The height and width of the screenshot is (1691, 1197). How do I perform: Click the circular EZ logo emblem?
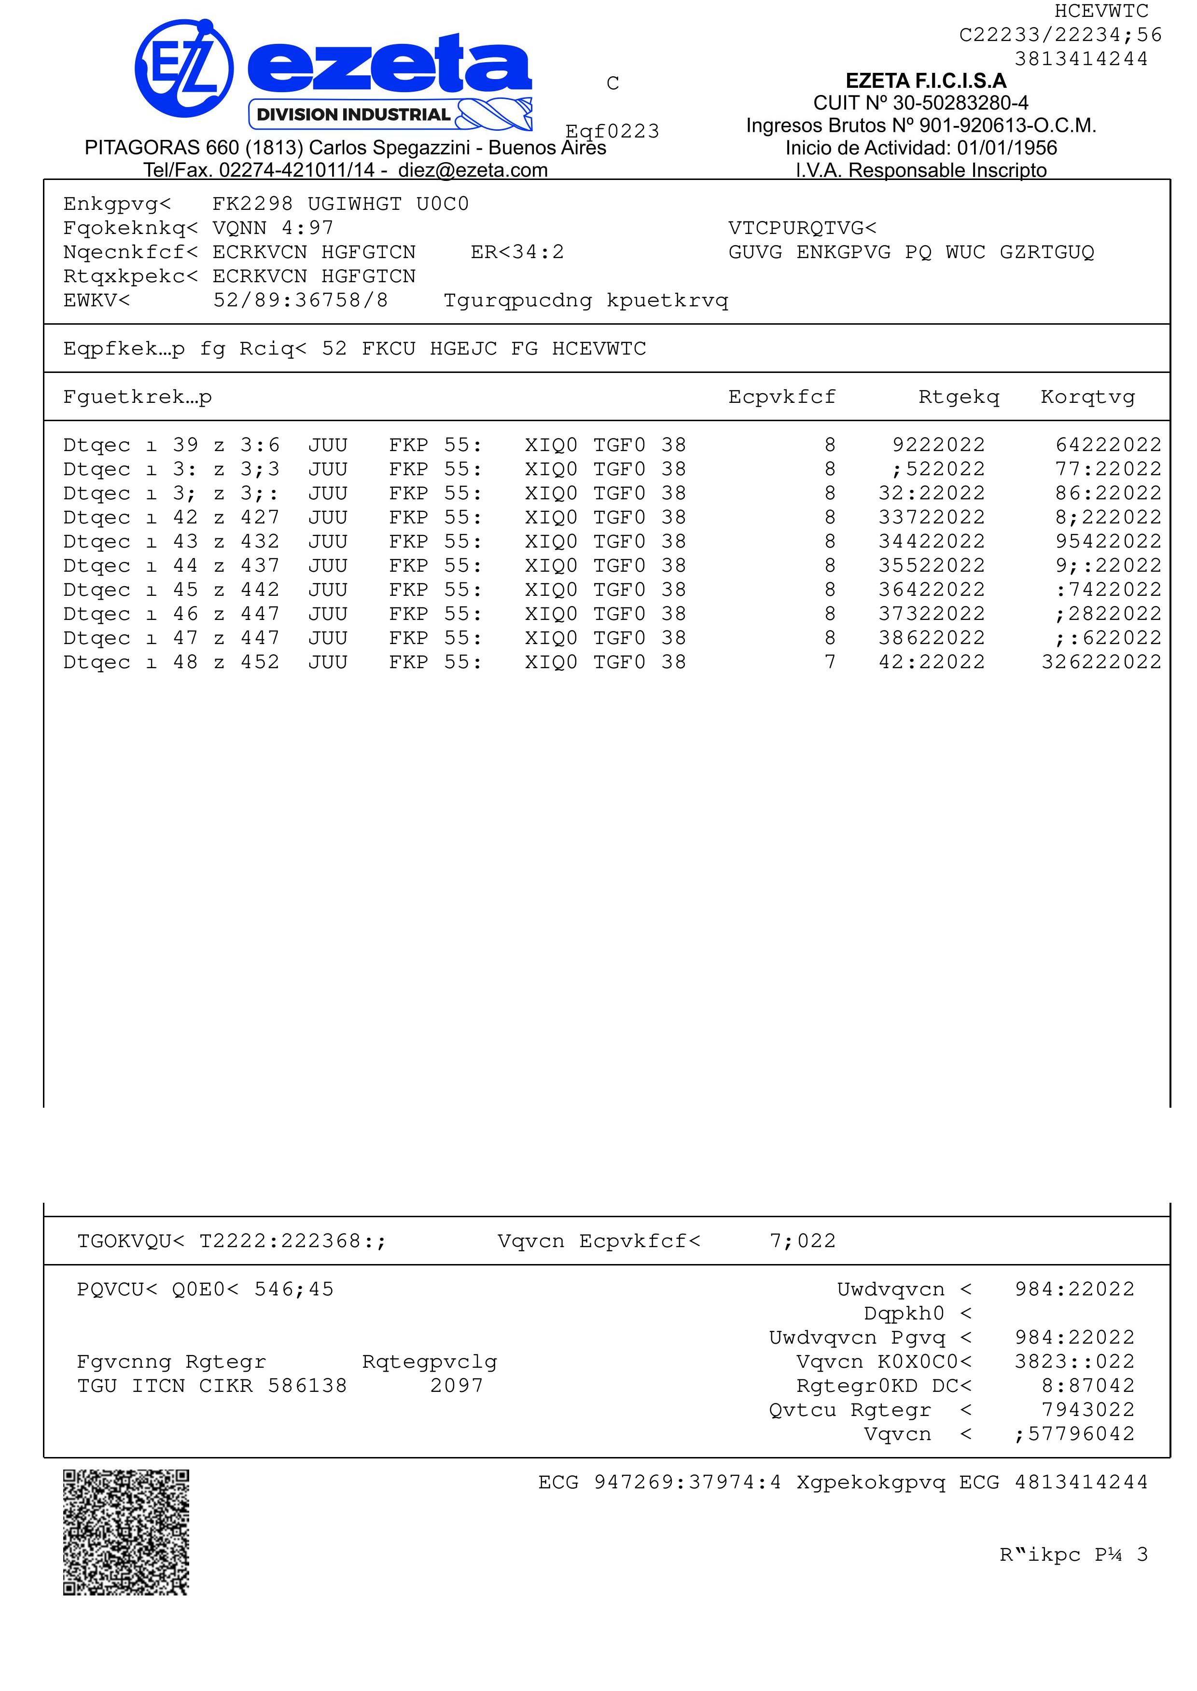184,69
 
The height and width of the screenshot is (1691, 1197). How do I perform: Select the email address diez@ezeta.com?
473,170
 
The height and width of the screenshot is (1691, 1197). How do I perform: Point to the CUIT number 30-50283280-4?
960,103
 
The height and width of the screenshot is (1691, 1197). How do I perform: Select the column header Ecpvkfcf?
781,397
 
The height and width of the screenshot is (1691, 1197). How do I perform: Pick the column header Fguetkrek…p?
138,397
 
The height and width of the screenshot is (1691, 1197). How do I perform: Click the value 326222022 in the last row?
1101,661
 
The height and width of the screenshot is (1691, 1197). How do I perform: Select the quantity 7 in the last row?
830,661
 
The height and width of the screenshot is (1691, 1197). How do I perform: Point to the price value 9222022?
938,445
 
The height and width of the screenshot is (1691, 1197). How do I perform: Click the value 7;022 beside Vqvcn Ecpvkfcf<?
803,1241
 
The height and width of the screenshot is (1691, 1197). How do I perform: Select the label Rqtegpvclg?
430,1361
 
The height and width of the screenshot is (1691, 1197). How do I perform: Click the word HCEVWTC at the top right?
1101,11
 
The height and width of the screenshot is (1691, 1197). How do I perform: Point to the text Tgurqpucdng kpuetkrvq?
586,301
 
